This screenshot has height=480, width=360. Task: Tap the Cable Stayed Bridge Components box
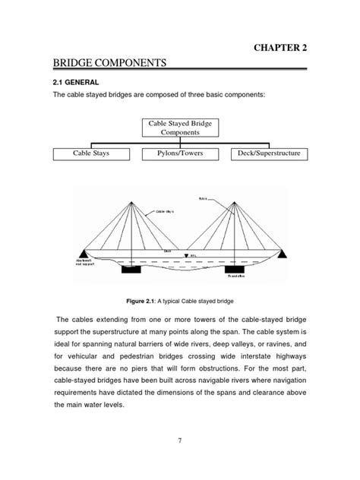click(x=180, y=126)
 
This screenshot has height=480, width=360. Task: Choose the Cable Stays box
click(x=93, y=154)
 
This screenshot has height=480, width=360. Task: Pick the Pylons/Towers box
click(x=180, y=154)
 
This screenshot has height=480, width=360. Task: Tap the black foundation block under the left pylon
click(x=130, y=267)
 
